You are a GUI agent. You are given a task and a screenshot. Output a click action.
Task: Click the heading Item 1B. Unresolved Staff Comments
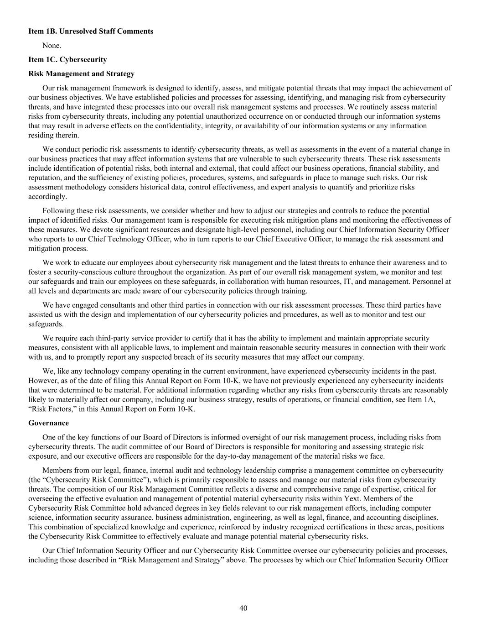[91, 31]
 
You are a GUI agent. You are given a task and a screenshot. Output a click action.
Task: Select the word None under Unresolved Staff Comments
[52, 46]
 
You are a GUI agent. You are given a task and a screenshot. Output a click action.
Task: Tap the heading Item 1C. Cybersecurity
[67, 60]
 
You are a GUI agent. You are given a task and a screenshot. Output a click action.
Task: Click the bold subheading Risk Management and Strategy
[82, 74]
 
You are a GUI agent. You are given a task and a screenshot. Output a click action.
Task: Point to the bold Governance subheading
[48, 423]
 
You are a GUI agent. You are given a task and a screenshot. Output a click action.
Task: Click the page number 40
[243, 608]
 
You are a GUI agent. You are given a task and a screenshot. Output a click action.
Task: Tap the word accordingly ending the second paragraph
[47, 197]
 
